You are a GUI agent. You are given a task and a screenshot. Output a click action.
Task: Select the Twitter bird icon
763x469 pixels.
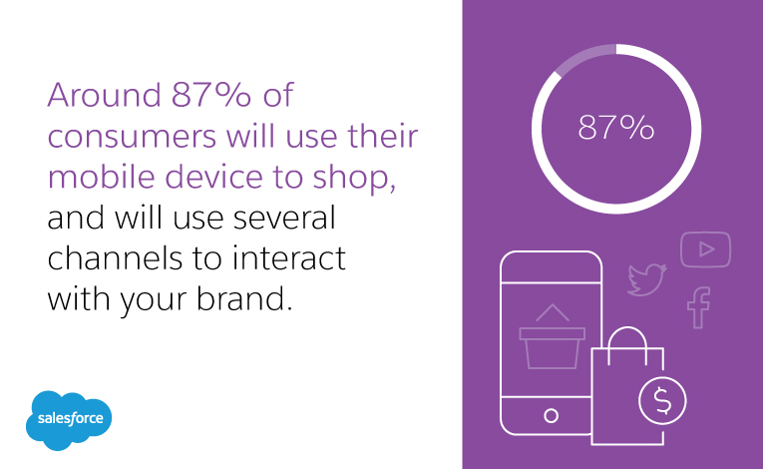pyautogui.click(x=645, y=280)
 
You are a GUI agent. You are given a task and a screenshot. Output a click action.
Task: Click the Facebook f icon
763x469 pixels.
pyautogui.click(x=698, y=307)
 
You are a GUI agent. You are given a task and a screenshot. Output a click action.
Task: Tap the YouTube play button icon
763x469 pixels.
pyautogui.click(x=706, y=249)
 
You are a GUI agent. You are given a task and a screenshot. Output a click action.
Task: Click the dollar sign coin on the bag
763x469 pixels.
pyautogui.click(x=661, y=401)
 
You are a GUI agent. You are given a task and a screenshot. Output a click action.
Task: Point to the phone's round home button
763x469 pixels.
pyautogui.click(x=551, y=413)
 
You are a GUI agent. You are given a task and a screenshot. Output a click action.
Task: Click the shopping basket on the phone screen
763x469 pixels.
pyautogui.click(x=551, y=341)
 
